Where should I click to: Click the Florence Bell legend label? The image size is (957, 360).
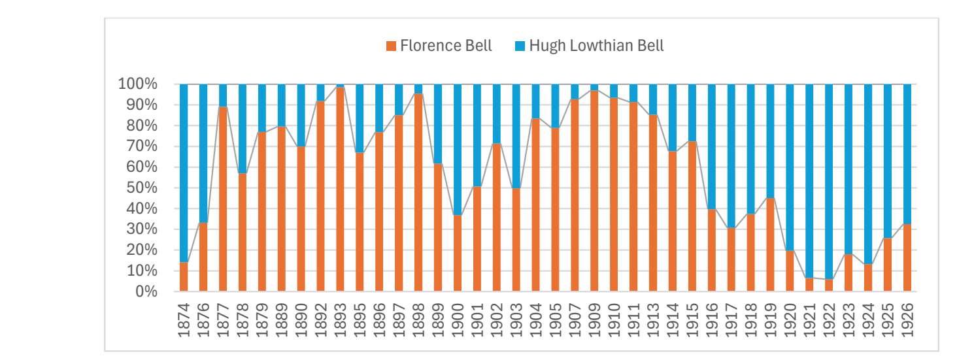pos(446,46)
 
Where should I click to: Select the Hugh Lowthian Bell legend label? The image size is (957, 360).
pos(596,46)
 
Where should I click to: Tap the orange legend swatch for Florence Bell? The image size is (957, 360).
pos(391,46)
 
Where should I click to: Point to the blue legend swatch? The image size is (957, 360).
pos(520,46)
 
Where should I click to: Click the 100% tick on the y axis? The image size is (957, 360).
pos(137,84)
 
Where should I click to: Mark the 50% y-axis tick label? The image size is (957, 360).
pos(142,188)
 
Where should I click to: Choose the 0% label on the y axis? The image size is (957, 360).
pos(146,291)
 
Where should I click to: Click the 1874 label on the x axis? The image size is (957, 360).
pos(183,320)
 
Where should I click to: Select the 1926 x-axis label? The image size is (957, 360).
pos(907,320)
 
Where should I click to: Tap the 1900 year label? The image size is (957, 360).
pos(457,320)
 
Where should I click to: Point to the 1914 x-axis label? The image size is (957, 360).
pos(673,320)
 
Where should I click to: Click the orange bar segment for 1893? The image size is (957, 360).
pos(340,189)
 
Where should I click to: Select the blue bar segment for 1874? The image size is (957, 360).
pos(184,173)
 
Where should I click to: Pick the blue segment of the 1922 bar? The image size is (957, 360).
pos(829,182)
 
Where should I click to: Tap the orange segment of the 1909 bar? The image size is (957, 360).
pos(594,191)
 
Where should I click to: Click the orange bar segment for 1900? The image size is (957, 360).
pos(458,254)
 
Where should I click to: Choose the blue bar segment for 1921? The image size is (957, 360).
pos(809,181)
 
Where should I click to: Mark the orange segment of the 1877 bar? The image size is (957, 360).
pos(223,199)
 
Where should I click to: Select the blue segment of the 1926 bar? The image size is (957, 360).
pos(907,154)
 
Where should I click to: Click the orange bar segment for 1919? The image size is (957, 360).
pos(770,245)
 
